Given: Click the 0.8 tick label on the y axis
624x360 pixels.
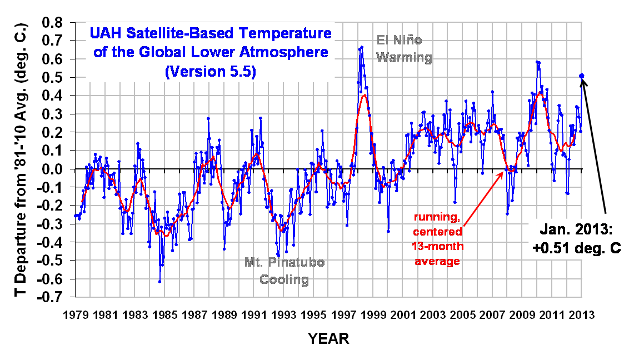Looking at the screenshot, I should tap(54, 23).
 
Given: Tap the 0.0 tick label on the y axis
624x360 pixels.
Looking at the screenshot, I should tap(54, 169).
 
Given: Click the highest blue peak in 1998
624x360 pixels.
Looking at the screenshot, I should tap(362, 47).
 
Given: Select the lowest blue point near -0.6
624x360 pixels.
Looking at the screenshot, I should tap(159, 282).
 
